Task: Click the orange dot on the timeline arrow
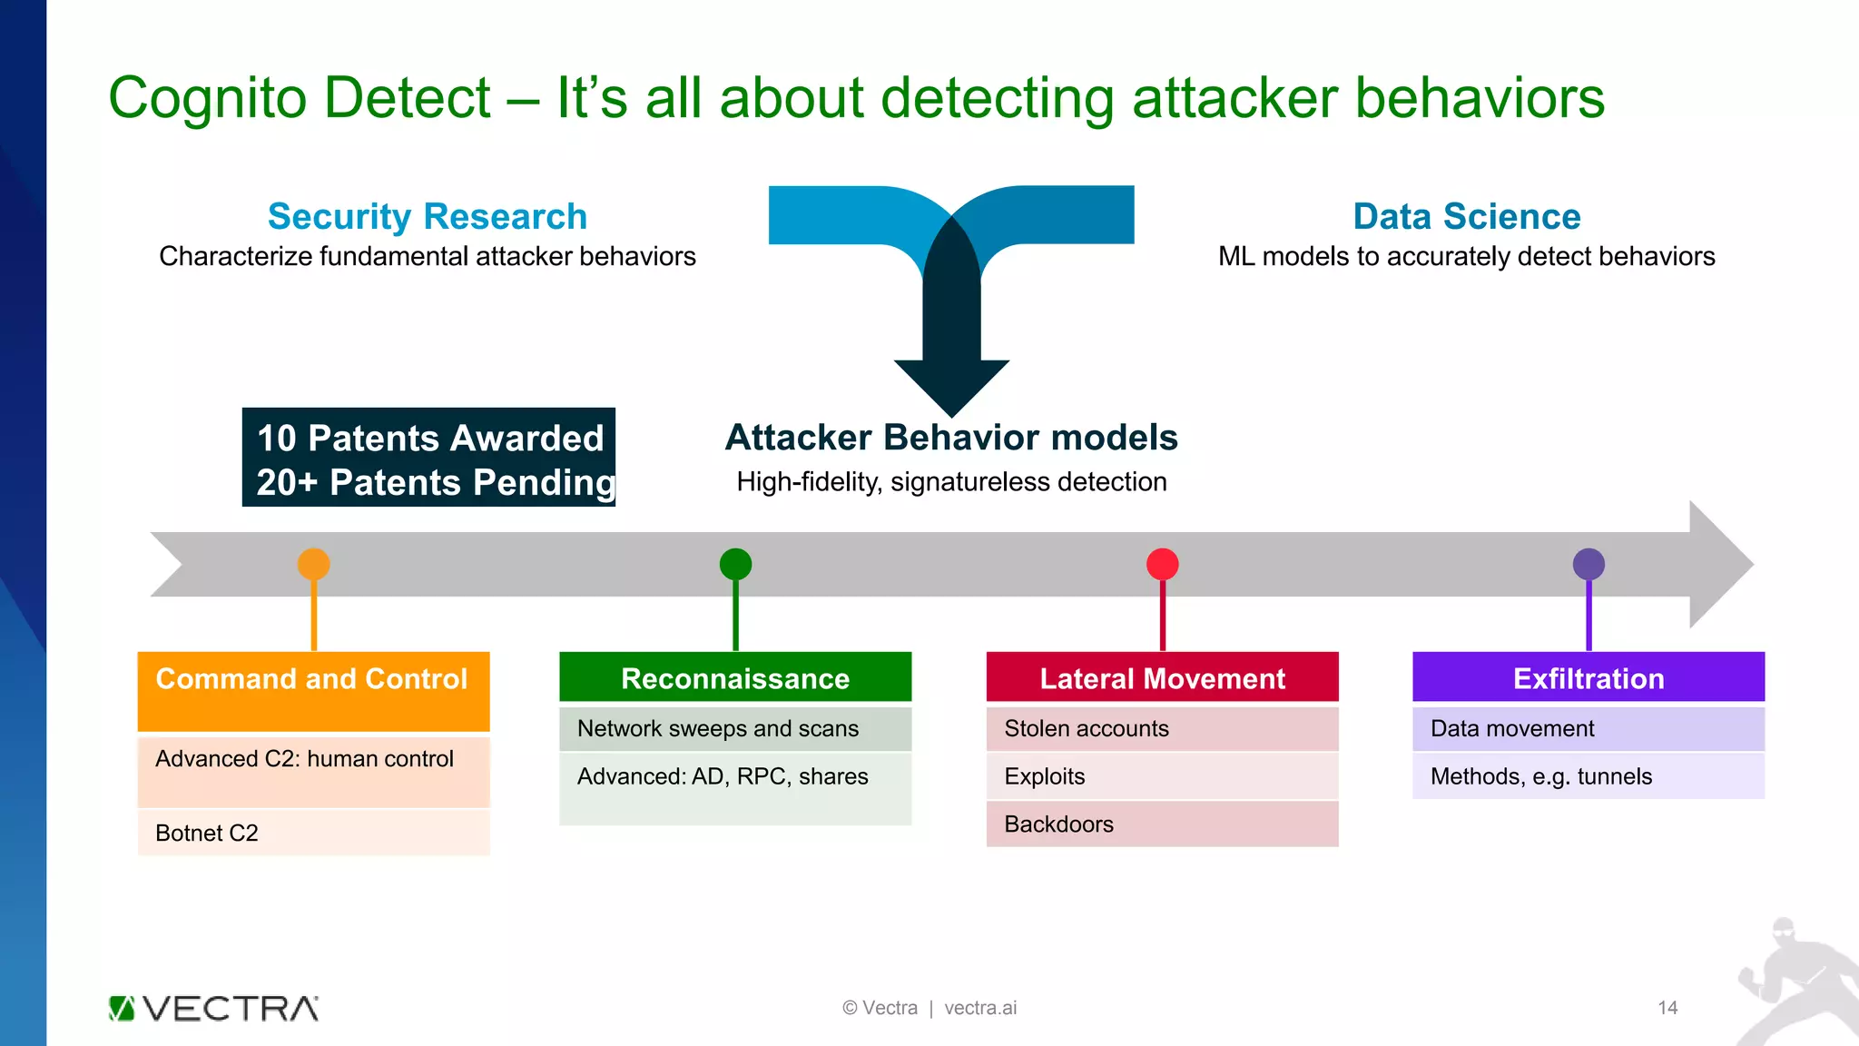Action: pyautogui.click(x=313, y=564)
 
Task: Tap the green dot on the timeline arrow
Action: pyautogui.click(x=735, y=564)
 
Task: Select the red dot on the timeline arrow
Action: pyautogui.click(x=1162, y=564)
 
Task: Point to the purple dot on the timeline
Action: pyautogui.click(x=1589, y=564)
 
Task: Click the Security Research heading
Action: pyautogui.click(x=428, y=216)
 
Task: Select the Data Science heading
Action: pyautogui.click(x=1467, y=216)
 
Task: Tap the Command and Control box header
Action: pyautogui.click(x=313, y=690)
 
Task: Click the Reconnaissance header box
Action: pyautogui.click(x=735, y=677)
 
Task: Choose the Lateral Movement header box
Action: pyautogui.click(x=1162, y=677)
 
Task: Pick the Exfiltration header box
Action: pyautogui.click(x=1589, y=677)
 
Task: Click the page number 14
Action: pyautogui.click(x=1667, y=1008)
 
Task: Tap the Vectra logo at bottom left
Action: pyautogui.click(x=213, y=1008)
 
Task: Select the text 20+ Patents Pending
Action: pyautogui.click(x=434, y=482)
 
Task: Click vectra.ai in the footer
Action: pyautogui.click(x=980, y=1008)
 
